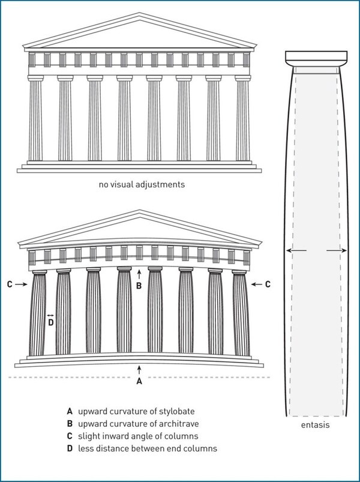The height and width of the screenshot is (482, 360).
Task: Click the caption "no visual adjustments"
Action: tap(142, 184)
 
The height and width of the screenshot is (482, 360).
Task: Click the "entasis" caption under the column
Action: tap(316, 425)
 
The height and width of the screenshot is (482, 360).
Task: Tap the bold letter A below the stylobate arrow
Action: tap(139, 381)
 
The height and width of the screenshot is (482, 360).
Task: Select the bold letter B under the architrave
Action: tap(139, 286)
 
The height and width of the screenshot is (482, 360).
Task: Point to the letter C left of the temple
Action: tap(10, 285)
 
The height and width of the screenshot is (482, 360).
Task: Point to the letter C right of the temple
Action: tap(268, 285)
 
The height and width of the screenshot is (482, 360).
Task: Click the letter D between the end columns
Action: tap(51, 323)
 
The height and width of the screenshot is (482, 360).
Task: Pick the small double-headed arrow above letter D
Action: tap(50, 315)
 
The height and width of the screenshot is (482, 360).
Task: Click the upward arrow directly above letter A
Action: tap(139, 370)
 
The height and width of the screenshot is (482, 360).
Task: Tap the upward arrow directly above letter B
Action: tap(139, 274)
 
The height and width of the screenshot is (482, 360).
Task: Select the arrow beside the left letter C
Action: tap(21, 285)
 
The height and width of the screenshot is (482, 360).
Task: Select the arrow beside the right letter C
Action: tap(257, 285)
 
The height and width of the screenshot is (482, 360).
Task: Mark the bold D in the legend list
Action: tap(70, 448)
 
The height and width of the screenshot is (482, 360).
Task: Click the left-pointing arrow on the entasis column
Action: tap(296, 251)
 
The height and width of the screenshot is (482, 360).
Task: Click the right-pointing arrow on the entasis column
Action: tap(337, 251)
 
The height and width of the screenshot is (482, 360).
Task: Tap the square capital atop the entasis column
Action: tap(316, 56)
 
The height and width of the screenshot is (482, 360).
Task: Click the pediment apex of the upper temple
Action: tap(139, 13)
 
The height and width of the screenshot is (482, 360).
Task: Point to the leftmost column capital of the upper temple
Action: tap(35, 78)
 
